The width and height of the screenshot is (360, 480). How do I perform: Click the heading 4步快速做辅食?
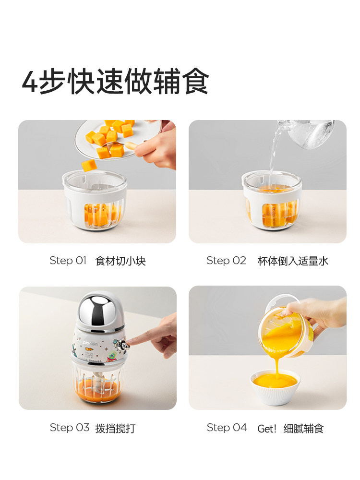[x=115, y=82]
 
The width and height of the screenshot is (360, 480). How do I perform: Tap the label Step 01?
[x=68, y=261]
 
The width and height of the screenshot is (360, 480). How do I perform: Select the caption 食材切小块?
[x=120, y=261]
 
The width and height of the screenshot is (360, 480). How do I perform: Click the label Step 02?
[x=226, y=261]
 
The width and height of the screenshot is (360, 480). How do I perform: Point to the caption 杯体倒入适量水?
[x=293, y=261]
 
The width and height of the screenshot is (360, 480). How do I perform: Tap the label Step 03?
[x=70, y=428]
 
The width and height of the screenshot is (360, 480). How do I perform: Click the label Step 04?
[x=227, y=428]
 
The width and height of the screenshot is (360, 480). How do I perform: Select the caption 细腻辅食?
[x=303, y=429]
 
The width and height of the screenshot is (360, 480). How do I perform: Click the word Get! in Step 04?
[x=267, y=429]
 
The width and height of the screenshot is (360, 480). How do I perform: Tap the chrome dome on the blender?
[x=98, y=308]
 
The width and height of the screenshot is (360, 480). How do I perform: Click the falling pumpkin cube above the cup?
[x=89, y=166]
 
